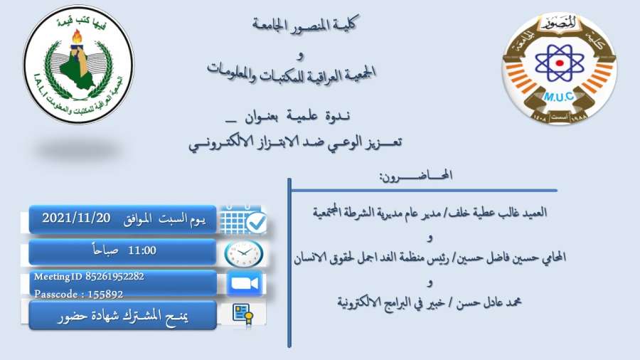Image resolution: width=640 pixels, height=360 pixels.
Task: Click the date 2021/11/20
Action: [x=76, y=218]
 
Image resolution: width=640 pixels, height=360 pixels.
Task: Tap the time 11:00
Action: [x=142, y=250]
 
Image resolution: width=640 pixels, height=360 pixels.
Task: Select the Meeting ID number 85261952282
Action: [x=114, y=276]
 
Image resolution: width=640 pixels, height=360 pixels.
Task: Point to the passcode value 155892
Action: [x=105, y=294]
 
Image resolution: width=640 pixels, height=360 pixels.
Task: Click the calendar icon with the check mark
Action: [x=243, y=220]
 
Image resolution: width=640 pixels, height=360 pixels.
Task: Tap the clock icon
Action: [x=244, y=253]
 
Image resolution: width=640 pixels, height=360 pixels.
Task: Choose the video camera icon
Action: [x=244, y=283]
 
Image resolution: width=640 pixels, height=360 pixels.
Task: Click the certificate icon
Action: [x=243, y=314]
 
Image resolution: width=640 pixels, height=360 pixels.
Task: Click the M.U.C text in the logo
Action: [x=559, y=97]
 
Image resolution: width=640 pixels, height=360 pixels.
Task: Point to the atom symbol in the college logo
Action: [x=560, y=63]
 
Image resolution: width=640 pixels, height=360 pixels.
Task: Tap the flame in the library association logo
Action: [x=77, y=37]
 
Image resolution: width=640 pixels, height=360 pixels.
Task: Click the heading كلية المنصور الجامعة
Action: [x=304, y=23]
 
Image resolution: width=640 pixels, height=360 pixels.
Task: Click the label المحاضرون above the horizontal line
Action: [x=416, y=176]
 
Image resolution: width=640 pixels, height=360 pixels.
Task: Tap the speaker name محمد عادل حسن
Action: [x=489, y=302]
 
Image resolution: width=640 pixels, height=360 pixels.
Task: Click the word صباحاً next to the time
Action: [x=105, y=250]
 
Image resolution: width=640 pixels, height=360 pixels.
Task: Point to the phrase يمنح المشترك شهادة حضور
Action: [x=123, y=316]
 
